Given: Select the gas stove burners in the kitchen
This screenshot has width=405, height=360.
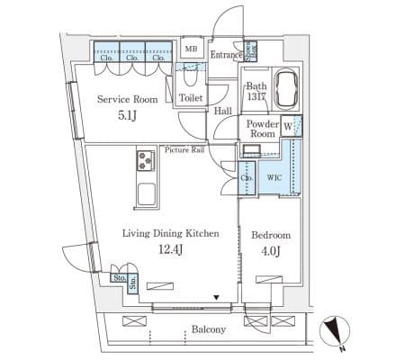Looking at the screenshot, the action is (x=146, y=161).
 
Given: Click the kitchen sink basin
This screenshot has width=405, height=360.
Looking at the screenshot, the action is (x=147, y=193).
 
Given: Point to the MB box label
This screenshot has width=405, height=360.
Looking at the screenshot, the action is (x=191, y=49).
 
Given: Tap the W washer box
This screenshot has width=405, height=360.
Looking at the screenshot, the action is (x=288, y=126).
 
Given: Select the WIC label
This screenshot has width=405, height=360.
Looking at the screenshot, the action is (x=274, y=177).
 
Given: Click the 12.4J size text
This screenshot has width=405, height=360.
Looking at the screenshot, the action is (x=170, y=249).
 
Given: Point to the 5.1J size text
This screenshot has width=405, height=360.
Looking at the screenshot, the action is (x=127, y=115).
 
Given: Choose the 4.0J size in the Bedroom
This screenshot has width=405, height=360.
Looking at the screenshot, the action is (x=271, y=251).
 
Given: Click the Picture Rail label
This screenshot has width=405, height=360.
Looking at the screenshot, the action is (x=184, y=149).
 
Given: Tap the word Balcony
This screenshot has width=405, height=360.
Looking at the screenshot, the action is (x=209, y=329).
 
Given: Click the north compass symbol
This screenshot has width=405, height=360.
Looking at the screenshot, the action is (x=335, y=331).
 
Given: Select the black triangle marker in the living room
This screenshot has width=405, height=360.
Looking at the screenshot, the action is (x=216, y=298).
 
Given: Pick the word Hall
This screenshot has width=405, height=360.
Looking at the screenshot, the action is (x=223, y=111).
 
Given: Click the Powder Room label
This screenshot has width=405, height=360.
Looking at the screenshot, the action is (x=263, y=129).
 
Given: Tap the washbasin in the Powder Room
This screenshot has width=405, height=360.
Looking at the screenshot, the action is (x=251, y=149).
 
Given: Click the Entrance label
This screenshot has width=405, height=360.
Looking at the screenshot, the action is (x=226, y=55).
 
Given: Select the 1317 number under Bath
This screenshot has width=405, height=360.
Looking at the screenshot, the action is (x=256, y=97).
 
